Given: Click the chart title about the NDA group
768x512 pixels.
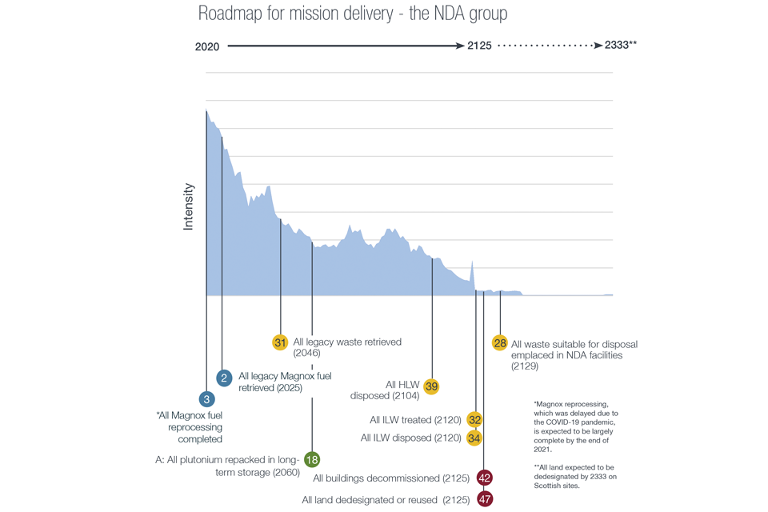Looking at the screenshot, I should coord(352,14).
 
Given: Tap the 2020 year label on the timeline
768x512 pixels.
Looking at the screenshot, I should coord(207,46).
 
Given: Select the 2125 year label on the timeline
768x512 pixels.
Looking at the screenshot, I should coord(479,46).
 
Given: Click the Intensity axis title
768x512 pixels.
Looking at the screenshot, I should coord(189,207).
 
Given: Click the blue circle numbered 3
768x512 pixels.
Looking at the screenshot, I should coord(207,398).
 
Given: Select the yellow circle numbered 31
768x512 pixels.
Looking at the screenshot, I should coord(280,342).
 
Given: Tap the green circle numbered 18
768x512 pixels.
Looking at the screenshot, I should coord(312,459).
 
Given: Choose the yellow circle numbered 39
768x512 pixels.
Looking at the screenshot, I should coord(432,386).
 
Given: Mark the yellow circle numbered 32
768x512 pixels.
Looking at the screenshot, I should coord(475,420).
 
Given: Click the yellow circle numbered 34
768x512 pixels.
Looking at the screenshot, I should coord(475,438).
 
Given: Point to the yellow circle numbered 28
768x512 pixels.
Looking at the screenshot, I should coord(500,343).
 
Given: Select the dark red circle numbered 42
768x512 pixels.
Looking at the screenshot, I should coord(484,478).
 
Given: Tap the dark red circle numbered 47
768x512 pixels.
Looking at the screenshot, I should coord(484,499).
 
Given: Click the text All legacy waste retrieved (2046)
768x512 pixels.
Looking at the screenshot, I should coord(347,347).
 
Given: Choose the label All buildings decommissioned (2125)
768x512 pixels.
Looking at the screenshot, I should coord(392,478).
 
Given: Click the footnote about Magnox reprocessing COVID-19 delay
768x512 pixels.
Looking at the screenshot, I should coord(576,428).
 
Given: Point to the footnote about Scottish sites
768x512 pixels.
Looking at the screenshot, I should coord(576,477).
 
